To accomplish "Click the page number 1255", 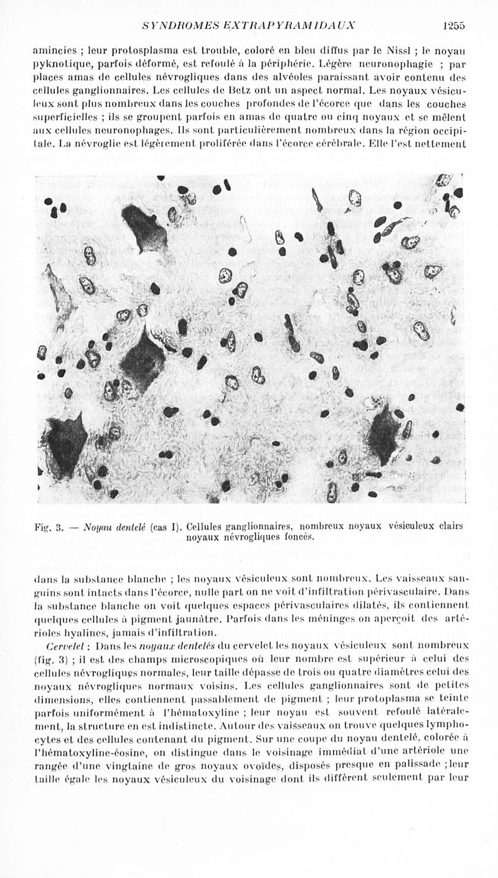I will click(x=454, y=26).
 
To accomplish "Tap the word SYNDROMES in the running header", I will click(x=174, y=26).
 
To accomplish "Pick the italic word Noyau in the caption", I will click(x=97, y=526).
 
